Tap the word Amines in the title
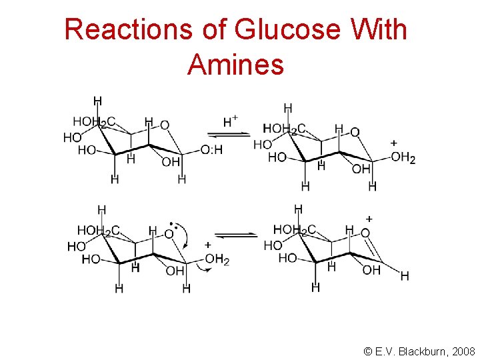(235, 65)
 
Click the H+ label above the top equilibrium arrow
(231, 121)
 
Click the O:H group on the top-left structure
(212, 151)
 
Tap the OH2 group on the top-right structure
(403, 157)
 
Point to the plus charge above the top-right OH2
(393, 143)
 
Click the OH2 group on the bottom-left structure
(217, 259)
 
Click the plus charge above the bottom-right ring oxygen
(369, 219)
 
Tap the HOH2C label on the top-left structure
(94, 122)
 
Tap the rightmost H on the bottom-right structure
(405, 276)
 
